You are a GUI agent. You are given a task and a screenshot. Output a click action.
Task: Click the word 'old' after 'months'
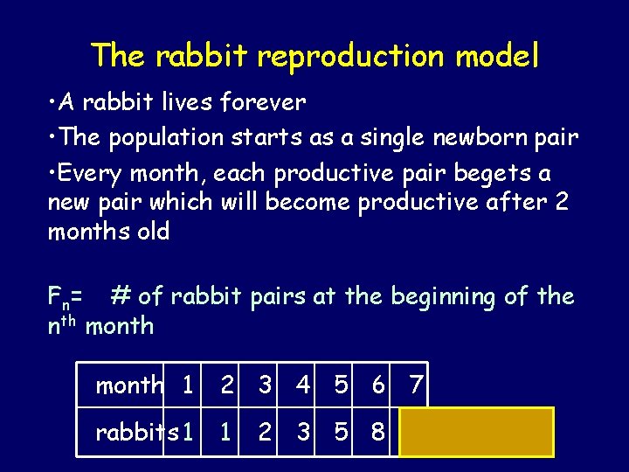150,233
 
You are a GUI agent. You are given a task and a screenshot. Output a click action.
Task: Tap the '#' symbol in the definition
121,297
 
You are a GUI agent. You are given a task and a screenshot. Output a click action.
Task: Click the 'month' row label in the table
129,385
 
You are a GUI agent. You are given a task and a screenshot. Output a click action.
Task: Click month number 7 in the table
417,385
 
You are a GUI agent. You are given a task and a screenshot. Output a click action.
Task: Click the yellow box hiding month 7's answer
476,432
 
